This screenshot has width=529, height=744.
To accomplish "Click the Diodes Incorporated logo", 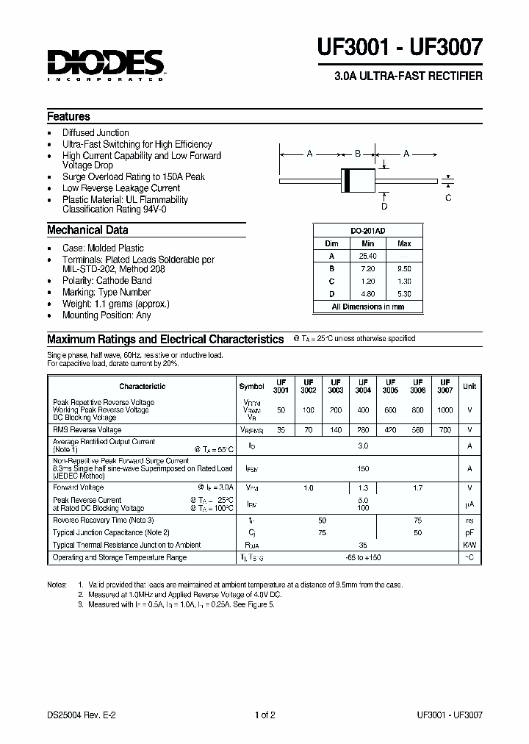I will [105, 64].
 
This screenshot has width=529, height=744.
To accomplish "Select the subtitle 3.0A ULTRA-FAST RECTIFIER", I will [409, 76].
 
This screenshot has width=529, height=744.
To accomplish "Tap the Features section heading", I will [68, 117].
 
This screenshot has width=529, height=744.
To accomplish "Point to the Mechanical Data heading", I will [87, 230].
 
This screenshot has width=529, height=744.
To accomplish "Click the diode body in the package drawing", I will [357, 179].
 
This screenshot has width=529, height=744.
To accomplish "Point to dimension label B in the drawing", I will [357, 154].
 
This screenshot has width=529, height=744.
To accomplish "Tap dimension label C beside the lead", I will [448, 198].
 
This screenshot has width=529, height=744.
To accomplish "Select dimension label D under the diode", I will [384, 207].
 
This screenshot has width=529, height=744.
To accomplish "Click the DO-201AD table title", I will [367, 231].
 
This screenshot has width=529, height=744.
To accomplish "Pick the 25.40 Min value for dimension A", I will [367, 256].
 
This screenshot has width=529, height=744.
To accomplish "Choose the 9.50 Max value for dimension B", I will [404, 268].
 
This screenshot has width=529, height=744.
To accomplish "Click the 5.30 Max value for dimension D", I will [404, 293].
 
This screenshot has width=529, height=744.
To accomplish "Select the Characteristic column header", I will [142, 387].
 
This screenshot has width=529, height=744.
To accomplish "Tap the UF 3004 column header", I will [363, 387].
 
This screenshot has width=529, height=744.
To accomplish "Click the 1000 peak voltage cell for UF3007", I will [445, 409].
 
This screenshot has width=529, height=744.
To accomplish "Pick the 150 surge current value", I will [362, 468].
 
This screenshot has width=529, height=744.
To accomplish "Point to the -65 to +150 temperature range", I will [362, 558].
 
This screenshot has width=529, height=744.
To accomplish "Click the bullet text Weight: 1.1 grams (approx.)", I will [115, 304].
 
